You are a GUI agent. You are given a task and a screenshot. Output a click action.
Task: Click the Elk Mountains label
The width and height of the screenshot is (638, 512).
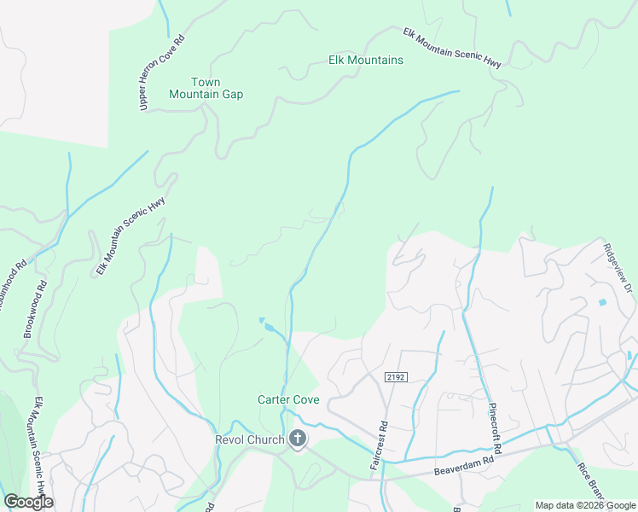coord(366,61)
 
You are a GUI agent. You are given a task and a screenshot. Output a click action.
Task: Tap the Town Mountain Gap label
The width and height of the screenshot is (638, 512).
coord(206,88)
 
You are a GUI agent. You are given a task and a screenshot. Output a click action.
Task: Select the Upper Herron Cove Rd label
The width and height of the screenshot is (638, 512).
coord(160,73)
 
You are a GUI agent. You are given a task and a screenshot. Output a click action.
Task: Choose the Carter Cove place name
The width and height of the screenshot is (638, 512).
coord(288,399)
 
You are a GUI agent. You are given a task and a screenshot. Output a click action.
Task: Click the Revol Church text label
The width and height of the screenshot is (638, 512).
coord(247,439)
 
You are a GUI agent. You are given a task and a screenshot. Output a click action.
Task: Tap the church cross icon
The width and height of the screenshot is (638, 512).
coord(298,439)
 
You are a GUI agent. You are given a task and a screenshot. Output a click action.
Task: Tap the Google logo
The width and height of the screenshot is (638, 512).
coord(28,502)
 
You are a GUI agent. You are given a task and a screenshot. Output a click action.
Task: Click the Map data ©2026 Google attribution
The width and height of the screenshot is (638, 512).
coord(585,505)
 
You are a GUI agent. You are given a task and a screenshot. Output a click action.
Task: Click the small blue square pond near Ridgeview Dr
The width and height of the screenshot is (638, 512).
coord(603,303)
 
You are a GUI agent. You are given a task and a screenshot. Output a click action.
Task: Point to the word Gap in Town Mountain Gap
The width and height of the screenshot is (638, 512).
coord(232,94)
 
